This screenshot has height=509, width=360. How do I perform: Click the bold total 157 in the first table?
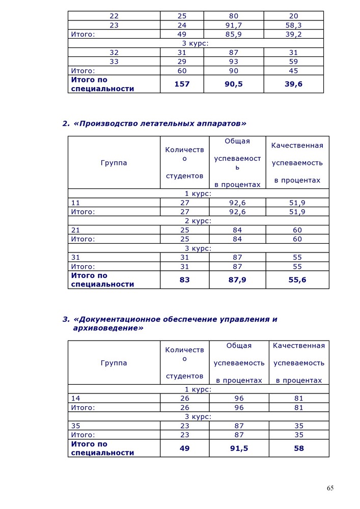(182, 84)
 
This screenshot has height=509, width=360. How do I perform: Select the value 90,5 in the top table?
(234, 84)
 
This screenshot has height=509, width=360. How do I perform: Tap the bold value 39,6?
(293, 84)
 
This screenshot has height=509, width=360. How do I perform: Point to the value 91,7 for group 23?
(234, 24)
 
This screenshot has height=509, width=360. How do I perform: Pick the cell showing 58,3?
(293, 24)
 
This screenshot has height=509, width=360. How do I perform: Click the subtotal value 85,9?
(234, 34)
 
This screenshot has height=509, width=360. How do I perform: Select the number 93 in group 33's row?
(234, 62)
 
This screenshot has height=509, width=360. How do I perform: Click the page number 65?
(330, 488)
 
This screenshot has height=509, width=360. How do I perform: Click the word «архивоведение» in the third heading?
(108, 328)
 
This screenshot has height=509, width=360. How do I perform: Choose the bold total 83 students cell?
(184, 280)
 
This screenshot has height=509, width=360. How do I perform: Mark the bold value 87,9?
(237, 280)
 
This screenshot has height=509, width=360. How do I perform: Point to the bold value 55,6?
(297, 280)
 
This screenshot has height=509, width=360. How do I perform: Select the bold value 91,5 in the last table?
(239, 448)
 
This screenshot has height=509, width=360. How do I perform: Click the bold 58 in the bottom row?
(298, 448)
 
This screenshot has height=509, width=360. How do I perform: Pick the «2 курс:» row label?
(198, 221)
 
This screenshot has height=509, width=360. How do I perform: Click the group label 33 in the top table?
(114, 62)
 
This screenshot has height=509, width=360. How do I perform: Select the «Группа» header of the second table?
(114, 163)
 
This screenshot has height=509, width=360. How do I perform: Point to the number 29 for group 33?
(182, 62)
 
